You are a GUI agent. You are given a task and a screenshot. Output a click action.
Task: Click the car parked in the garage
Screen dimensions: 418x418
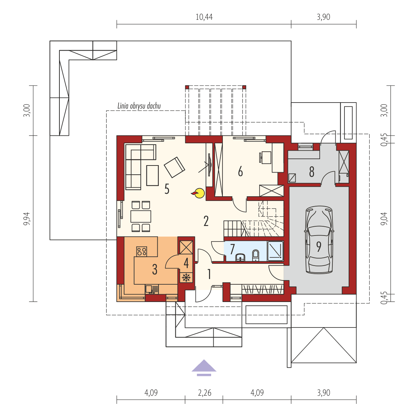[319, 240]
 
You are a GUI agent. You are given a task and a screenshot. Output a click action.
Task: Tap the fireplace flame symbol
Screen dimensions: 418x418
[199, 193]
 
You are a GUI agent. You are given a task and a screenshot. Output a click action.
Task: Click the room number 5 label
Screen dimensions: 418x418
[167, 189]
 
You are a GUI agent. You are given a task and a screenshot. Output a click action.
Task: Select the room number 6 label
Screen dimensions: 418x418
[240, 172]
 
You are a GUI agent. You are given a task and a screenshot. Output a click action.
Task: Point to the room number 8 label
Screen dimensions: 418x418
[312, 172]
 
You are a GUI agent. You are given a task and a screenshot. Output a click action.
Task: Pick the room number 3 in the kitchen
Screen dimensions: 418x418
[155, 269]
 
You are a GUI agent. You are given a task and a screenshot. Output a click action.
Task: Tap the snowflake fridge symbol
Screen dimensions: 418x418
[186, 278]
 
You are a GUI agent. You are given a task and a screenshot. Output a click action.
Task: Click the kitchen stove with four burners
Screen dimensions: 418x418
[142, 251]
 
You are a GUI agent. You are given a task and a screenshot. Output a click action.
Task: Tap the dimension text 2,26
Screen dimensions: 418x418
[204, 393]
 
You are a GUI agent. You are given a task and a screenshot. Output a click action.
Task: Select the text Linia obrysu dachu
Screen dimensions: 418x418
[139, 106]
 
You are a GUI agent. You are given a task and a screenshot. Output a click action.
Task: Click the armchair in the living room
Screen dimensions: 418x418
[174, 167]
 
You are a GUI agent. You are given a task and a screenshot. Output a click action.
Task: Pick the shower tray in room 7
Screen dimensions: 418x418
[275, 251]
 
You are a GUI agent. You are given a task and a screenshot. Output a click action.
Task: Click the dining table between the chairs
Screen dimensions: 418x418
[141, 216]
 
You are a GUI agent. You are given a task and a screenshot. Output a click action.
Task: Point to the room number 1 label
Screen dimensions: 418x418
[209, 274]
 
